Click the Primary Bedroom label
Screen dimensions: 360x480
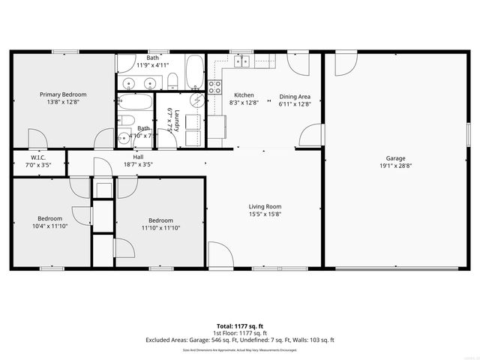click(63, 94)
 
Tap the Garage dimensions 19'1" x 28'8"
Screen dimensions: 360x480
click(395, 166)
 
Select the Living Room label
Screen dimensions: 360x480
click(265, 206)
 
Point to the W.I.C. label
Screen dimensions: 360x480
click(38, 157)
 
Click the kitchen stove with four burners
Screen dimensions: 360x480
click(214, 86)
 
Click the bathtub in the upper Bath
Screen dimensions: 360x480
click(195, 72)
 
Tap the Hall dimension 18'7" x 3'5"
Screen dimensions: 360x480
click(138, 164)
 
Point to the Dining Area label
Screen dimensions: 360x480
click(295, 96)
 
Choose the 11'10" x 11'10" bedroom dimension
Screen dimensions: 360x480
click(160, 227)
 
